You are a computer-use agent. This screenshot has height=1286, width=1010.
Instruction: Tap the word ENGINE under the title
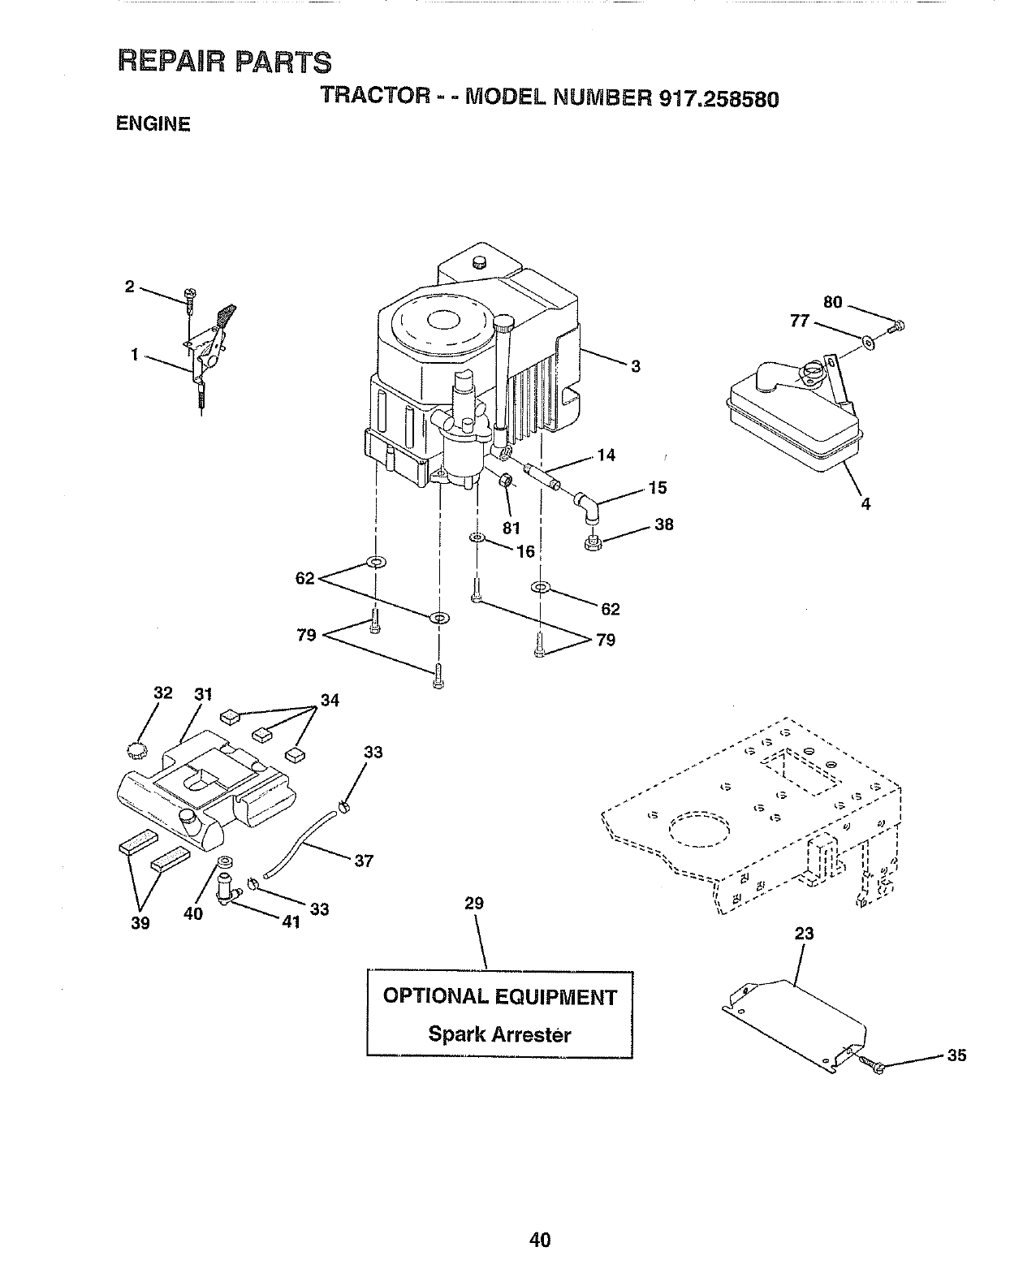(x=153, y=124)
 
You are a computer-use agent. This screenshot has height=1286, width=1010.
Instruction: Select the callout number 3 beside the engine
(x=636, y=366)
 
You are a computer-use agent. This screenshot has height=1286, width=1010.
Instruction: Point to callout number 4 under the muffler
(x=865, y=504)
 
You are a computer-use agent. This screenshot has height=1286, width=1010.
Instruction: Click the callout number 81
(x=511, y=529)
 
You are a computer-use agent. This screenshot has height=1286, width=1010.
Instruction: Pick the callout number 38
(x=664, y=524)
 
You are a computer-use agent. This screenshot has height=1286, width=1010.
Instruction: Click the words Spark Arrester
(x=499, y=1034)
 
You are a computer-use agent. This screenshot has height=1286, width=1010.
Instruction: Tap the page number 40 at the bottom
(x=539, y=1240)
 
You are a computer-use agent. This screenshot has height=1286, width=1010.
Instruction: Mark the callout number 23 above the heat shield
(x=804, y=934)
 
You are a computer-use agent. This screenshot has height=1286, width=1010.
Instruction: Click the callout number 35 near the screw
(x=957, y=1055)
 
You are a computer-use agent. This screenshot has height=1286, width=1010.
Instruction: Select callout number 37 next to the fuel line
(x=364, y=861)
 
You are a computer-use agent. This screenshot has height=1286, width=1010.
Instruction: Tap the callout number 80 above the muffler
(x=833, y=303)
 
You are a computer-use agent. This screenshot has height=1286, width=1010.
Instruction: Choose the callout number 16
(x=525, y=552)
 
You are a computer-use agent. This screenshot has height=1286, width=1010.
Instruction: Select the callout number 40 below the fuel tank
(x=192, y=913)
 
